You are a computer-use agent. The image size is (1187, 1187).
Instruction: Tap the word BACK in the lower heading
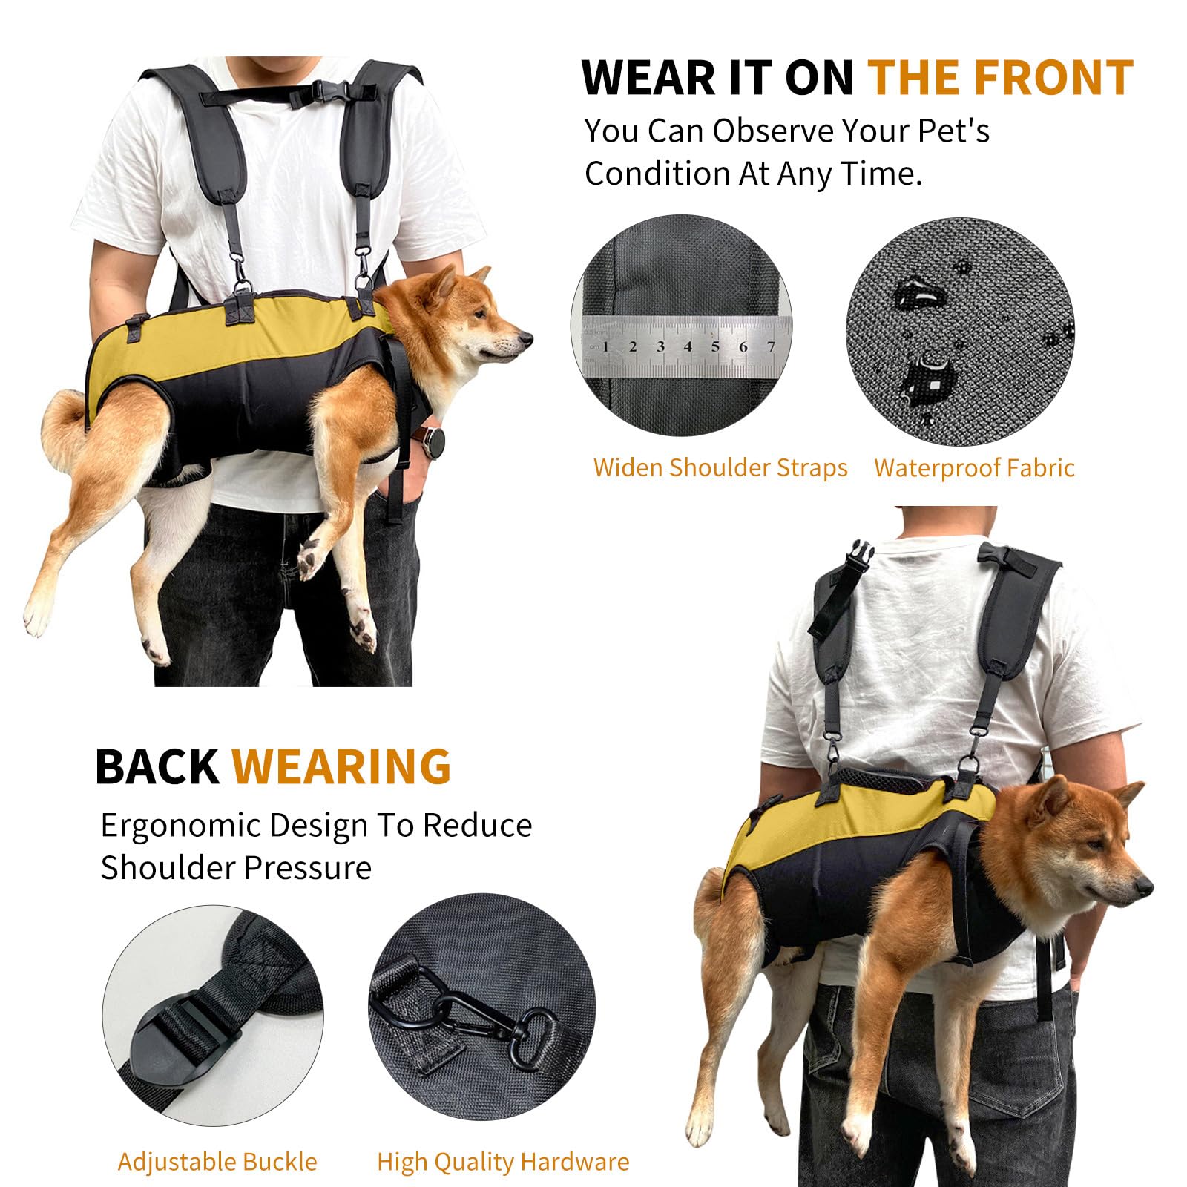coord(157,766)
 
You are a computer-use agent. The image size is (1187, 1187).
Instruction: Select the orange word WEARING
coord(341,766)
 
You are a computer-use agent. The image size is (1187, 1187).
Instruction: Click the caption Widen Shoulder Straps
coord(720,468)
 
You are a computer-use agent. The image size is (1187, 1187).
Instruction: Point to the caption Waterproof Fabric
coord(973,468)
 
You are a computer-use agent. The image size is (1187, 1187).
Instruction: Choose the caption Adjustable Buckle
coord(217,1161)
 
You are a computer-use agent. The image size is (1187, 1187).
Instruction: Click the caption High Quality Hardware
coord(503,1161)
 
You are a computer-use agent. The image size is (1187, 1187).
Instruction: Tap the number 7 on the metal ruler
coord(771,346)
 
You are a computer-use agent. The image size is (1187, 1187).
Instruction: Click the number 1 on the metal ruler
coord(605,346)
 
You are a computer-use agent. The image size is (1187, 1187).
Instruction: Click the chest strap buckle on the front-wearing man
coord(324,92)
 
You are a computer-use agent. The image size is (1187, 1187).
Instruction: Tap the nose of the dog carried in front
coord(525,339)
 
